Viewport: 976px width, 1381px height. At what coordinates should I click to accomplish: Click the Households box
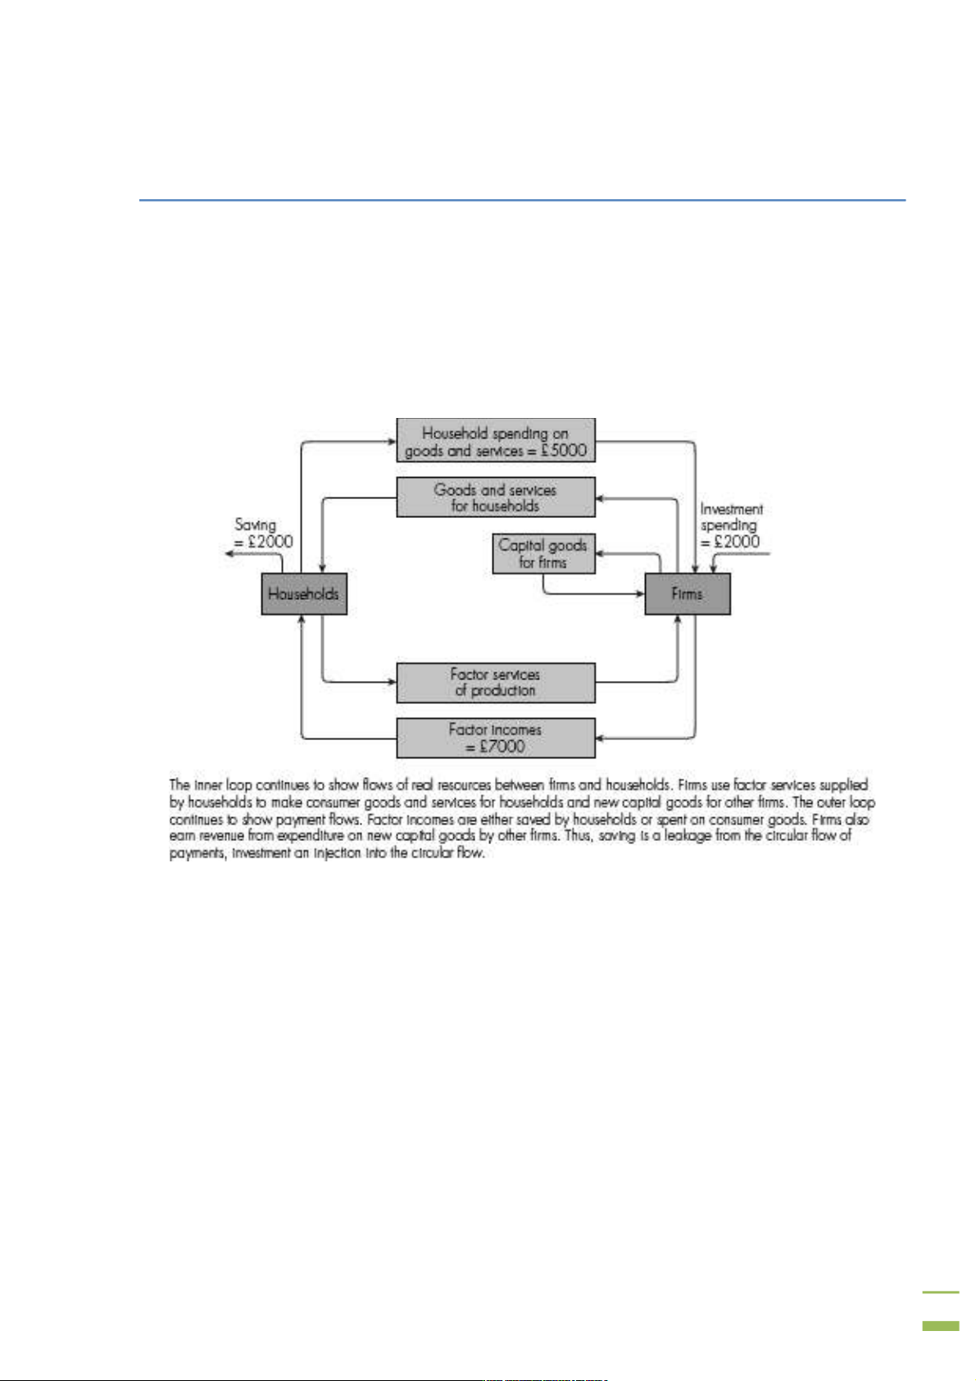(x=304, y=594)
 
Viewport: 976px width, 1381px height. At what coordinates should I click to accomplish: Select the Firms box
(x=687, y=594)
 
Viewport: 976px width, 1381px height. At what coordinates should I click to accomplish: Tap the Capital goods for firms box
(x=543, y=554)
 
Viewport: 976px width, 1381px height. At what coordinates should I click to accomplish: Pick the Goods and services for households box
(x=495, y=497)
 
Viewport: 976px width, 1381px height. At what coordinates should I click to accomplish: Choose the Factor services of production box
(x=495, y=683)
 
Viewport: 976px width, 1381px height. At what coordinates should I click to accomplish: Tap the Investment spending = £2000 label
(x=731, y=525)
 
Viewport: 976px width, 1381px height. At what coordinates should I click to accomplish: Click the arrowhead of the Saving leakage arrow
(x=231, y=554)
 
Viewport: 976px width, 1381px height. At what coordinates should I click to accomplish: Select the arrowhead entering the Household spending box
(x=392, y=442)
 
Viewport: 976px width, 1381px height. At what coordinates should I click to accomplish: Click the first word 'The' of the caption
(x=179, y=785)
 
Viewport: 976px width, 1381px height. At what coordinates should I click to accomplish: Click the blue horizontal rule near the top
(x=522, y=199)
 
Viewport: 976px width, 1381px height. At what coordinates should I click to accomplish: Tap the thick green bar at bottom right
(x=940, y=1325)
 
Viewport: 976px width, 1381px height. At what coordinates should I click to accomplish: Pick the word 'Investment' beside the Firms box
(x=731, y=509)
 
